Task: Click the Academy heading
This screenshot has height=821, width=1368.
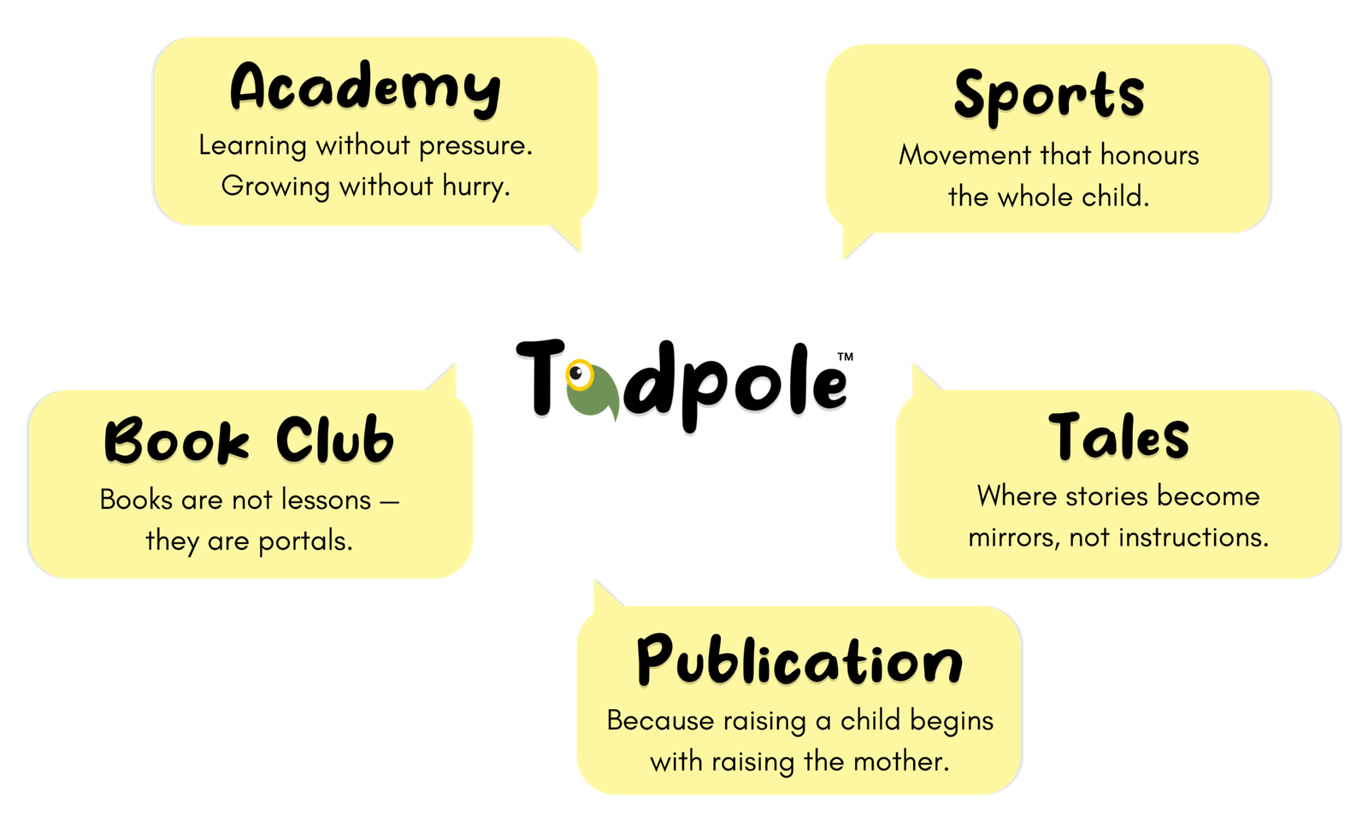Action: point(365,88)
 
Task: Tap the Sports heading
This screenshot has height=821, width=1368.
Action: point(1048,96)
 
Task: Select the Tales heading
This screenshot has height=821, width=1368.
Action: point(1118,437)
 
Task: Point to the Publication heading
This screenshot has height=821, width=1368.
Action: point(799,661)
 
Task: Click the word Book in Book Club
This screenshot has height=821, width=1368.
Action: point(177,440)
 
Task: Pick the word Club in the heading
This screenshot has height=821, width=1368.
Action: point(334,440)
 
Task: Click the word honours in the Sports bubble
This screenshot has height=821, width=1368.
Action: point(1149,156)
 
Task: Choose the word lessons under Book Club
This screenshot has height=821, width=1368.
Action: point(325,499)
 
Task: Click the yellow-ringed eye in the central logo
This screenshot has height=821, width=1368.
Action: point(580,375)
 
